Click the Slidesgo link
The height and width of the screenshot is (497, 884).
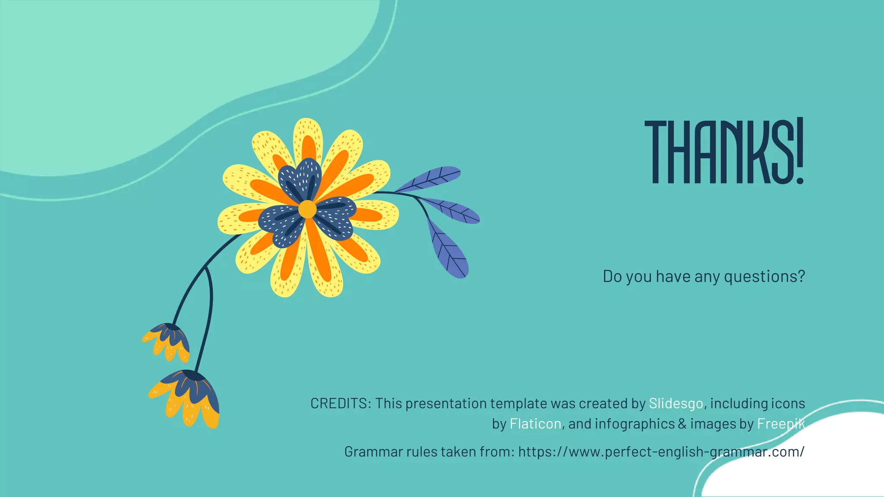pyautogui.click(x=676, y=403)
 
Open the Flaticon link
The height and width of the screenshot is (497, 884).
pyautogui.click(x=535, y=424)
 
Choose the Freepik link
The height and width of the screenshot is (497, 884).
pyautogui.click(x=780, y=424)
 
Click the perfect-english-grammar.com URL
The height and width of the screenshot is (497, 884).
pyautogui.click(x=661, y=452)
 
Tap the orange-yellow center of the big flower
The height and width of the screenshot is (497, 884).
pyautogui.click(x=307, y=209)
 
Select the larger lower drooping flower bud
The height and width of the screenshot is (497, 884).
pyautogui.click(x=187, y=397)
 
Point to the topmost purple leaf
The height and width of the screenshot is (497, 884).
pyautogui.click(x=429, y=179)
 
